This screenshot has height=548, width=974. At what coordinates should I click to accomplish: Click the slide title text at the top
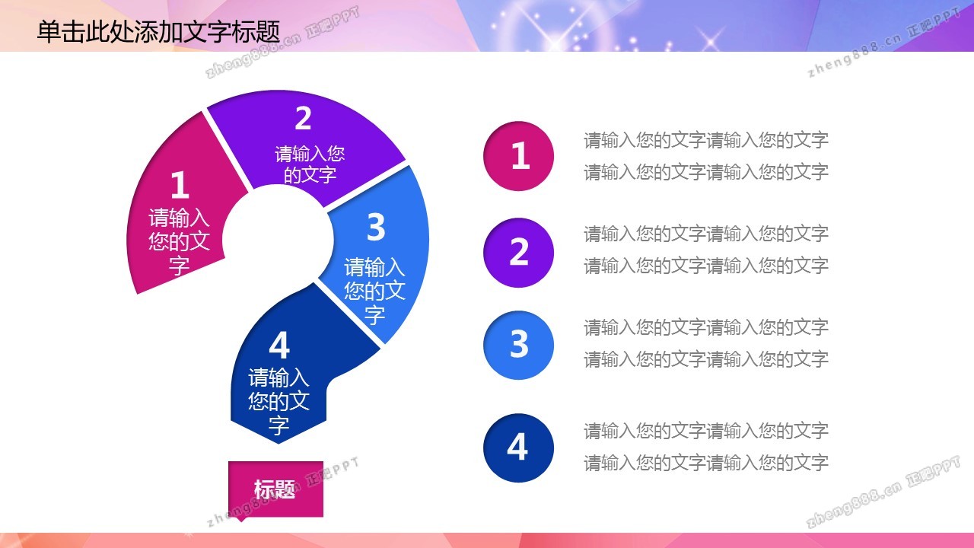(158, 32)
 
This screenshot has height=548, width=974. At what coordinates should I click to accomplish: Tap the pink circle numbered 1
(518, 156)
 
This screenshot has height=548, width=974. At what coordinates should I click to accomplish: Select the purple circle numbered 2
(518, 252)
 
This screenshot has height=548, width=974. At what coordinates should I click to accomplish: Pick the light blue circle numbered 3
(518, 345)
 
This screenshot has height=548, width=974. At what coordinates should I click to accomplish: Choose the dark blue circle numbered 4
(518, 448)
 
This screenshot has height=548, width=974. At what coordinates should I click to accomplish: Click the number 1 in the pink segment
(180, 185)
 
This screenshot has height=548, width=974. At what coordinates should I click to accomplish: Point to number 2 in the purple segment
(303, 118)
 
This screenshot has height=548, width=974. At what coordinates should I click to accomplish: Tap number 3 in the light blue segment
(376, 227)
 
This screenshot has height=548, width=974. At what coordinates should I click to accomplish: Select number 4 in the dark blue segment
(279, 346)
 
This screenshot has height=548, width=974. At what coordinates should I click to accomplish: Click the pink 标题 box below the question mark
(275, 489)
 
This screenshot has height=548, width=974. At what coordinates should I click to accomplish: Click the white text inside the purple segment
(310, 164)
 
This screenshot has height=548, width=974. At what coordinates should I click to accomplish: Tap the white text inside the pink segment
(179, 241)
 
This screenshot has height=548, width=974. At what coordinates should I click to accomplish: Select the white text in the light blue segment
(374, 291)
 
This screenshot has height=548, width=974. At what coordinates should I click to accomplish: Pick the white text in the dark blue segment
(279, 401)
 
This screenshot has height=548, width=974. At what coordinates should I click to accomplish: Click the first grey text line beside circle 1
(705, 140)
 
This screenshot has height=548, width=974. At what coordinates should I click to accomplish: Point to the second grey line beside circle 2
(705, 266)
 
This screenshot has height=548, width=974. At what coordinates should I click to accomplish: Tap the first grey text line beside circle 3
(705, 327)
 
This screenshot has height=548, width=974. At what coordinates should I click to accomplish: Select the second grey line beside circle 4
(705, 463)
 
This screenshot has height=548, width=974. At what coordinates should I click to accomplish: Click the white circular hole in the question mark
(278, 239)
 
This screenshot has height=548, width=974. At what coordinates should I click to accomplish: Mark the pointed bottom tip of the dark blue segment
(279, 444)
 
